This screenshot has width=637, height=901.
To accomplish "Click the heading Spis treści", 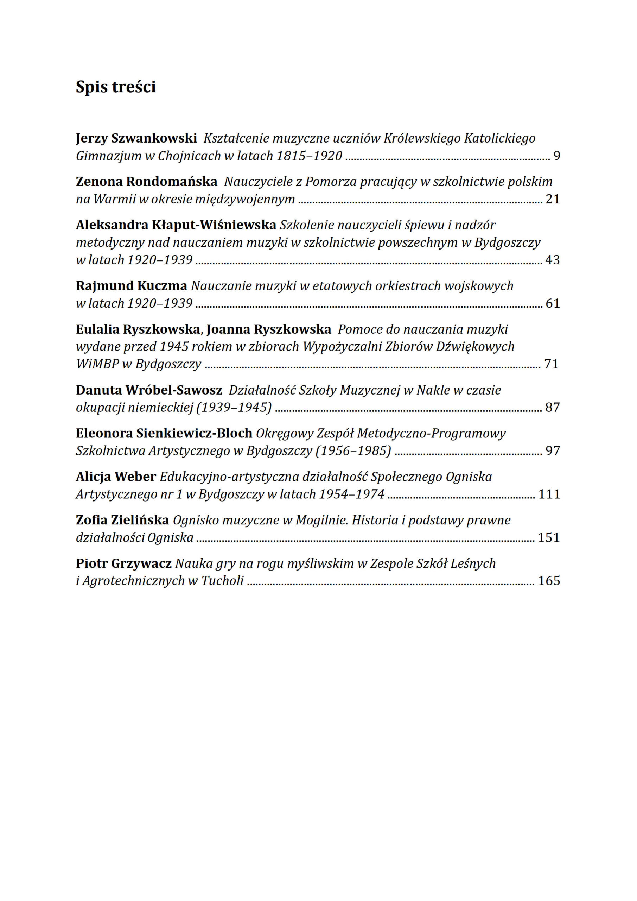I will pos(116,87).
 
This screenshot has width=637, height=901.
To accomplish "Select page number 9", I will pos(556,156).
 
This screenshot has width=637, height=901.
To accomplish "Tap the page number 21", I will pos(552,199).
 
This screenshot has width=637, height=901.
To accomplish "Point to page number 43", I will pos(552,260).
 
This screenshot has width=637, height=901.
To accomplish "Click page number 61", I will pos(552,303).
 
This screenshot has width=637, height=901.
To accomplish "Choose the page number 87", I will pos(552,407).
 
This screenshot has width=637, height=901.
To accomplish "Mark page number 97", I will pos(552,450).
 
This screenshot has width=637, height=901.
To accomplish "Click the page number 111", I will pos(549,494).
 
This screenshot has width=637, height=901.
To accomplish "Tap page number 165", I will pos(549,581).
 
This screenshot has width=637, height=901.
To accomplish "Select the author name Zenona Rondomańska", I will pos(146,182).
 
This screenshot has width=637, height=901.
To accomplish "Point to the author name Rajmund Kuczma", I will pos(132,286).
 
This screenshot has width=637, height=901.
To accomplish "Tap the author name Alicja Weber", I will pos(116,477).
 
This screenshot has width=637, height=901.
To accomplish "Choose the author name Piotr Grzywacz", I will pos(123,563).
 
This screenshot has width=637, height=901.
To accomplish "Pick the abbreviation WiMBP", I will pos(97,364).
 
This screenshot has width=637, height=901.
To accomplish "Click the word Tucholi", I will pos(222,581).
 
